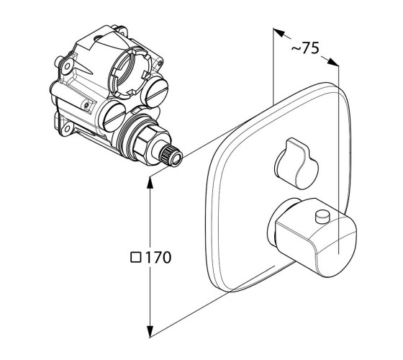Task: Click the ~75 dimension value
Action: point(305,48)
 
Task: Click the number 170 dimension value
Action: point(158,258)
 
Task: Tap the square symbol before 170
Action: point(136,258)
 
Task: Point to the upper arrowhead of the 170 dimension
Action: point(150,182)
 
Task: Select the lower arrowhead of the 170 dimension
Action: point(150,331)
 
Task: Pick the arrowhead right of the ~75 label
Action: point(333,62)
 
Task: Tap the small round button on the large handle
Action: point(323,216)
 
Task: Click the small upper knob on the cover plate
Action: point(296,163)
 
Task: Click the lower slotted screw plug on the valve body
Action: point(114,117)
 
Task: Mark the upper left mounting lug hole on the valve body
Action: point(68,66)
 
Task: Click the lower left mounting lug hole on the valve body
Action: point(68,128)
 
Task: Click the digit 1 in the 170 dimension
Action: point(148,258)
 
